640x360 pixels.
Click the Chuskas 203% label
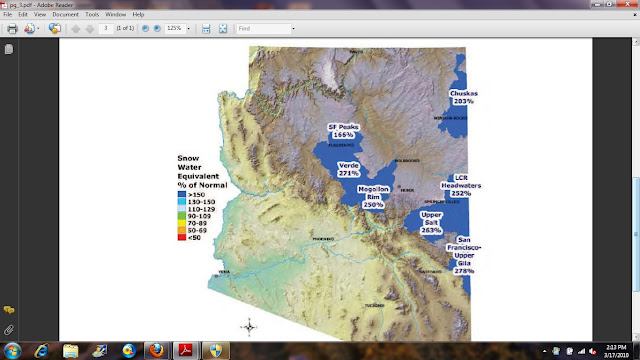tap(463, 97)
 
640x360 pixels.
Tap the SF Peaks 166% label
tap(343, 130)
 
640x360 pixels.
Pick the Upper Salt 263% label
tap(431, 223)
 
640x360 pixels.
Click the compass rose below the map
tap(250, 325)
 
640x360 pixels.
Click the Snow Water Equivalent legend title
tap(201, 172)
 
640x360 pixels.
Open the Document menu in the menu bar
tap(66, 15)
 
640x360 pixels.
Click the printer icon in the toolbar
tap(12, 29)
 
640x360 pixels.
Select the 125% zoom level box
tap(177, 29)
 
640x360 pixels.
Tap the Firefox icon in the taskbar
tap(156, 350)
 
